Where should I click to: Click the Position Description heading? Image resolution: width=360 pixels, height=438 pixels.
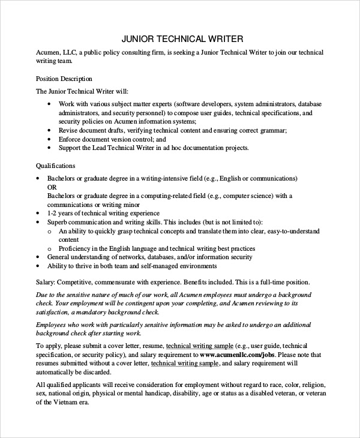[64, 78]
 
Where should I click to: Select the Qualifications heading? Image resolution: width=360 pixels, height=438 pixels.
[55, 165]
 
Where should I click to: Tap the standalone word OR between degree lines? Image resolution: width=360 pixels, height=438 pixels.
[52, 187]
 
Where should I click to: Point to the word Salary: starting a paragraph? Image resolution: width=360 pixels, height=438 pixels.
[46, 281]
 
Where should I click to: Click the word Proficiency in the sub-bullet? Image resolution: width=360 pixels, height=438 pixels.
[76, 248]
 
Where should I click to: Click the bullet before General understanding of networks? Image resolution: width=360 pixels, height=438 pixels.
[39, 257]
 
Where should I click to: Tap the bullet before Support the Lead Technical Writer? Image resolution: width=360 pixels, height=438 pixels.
[49, 148]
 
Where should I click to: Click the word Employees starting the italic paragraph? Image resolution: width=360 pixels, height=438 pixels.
[53, 325]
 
